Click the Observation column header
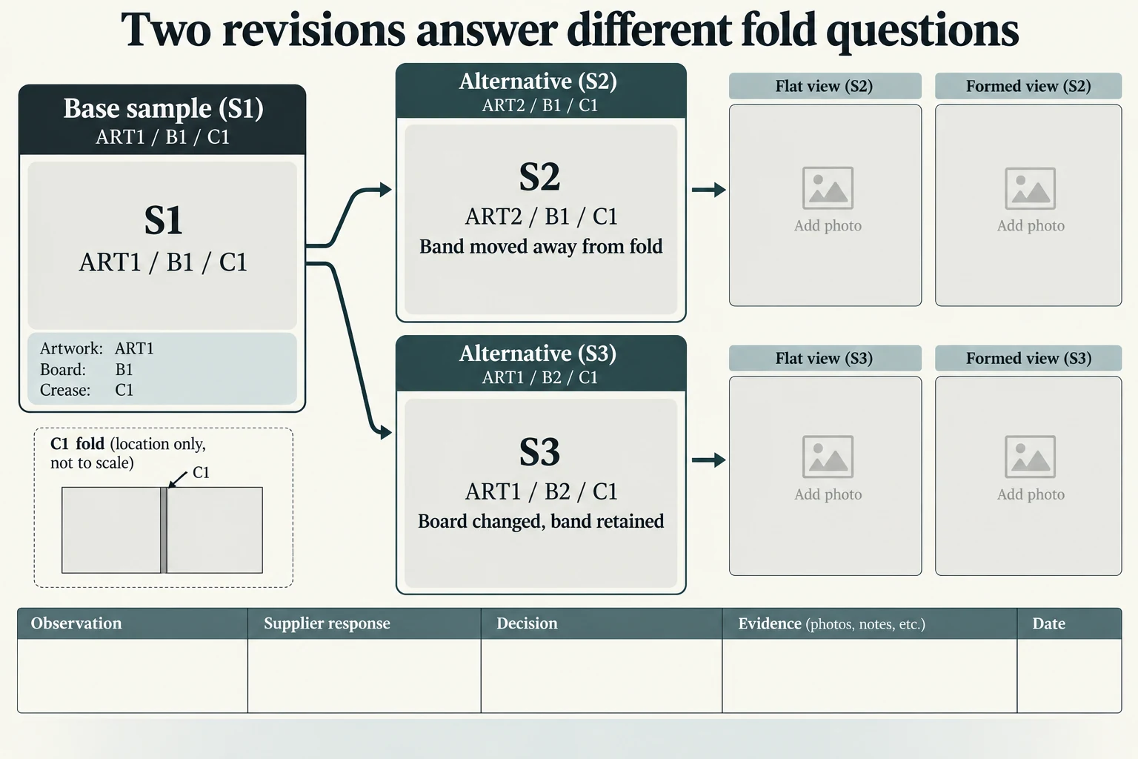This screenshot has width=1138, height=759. pyautogui.click(x=76, y=623)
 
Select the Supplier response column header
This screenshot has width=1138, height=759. pyautogui.click(x=327, y=623)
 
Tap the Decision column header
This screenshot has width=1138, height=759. pyautogui.click(x=527, y=623)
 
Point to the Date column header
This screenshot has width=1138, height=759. pyautogui.click(x=1048, y=623)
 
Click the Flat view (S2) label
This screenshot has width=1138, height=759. pyautogui.click(x=824, y=86)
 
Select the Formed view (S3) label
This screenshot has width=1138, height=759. pyautogui.click(x=1028, y=359)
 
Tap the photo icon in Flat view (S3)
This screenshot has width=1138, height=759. pyautogui.click(x=828, y=457)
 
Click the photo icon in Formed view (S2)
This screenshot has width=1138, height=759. pyautogui.click(x=1031, y=188)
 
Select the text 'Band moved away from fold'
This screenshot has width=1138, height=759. pyautogui.click(x=541, y=247)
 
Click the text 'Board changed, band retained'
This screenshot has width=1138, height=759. pyautogui.click(x=541, y=521)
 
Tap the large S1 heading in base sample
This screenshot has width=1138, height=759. pyautogui.click(x=163, y=220)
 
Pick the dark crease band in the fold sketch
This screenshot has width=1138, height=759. pyautogui.click(x=164, y=530)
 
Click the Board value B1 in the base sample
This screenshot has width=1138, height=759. pyautogui.click(x=124, y=370)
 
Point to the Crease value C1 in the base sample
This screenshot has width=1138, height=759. pyautogui.click(x=124, y=390)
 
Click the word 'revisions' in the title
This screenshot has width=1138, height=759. pyautogui.click(x=313, y=30)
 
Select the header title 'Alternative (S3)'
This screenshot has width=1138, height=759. pyautogui.click(x=537, y=354)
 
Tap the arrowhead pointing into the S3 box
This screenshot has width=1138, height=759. pyautogui.click(x=385, y=433)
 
